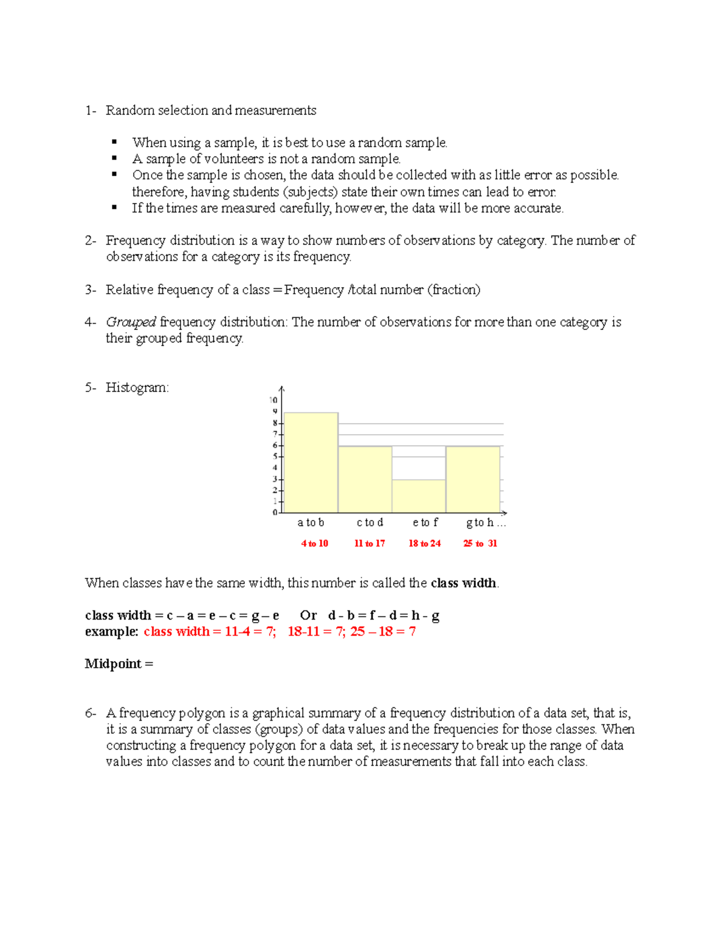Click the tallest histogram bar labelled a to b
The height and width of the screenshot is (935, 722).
(310, 462)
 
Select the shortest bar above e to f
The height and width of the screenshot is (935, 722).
(419, 495)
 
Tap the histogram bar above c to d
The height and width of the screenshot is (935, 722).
(365, 479)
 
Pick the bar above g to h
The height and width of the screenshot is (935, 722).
(473, 479)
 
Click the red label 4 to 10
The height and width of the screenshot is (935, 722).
(315, 543)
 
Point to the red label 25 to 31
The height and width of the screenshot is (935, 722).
(480, 543)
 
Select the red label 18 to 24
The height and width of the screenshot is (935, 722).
(425, 543)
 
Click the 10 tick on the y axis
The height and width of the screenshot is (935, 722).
(274, 400)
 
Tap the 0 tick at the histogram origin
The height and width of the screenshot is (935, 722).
(275, 512)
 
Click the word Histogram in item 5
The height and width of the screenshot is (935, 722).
(137, 388)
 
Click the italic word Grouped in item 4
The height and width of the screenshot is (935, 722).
(131, 322)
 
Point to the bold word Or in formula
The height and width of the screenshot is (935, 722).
(308, 615)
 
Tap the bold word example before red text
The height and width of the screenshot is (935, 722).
(111, 632)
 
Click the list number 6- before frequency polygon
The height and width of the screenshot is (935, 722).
(90, 713)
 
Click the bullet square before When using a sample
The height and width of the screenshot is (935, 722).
(114, 142)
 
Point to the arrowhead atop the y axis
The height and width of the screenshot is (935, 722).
(282, 389)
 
